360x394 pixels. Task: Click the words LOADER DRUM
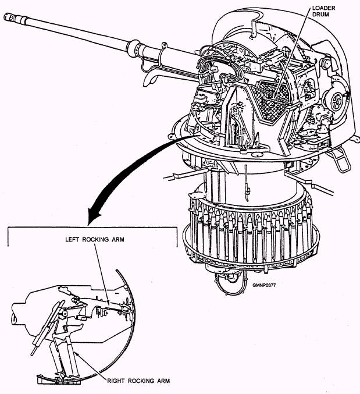point(323,11)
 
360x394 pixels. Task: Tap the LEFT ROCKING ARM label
point(95,239)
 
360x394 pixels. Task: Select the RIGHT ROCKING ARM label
point(138,381)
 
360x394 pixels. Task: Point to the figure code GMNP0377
point(264,285)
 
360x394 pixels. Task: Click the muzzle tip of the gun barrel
point(5,16)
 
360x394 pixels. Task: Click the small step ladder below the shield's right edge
point(340,159)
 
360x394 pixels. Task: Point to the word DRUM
point(320,15)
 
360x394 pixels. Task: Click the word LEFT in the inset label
point(72,239)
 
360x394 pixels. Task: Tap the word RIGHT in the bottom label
point(116,381)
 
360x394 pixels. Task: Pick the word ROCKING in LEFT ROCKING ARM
point(95,239)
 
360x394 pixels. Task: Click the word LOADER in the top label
point(323,8)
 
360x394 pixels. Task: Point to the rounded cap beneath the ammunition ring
point(230,283)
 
